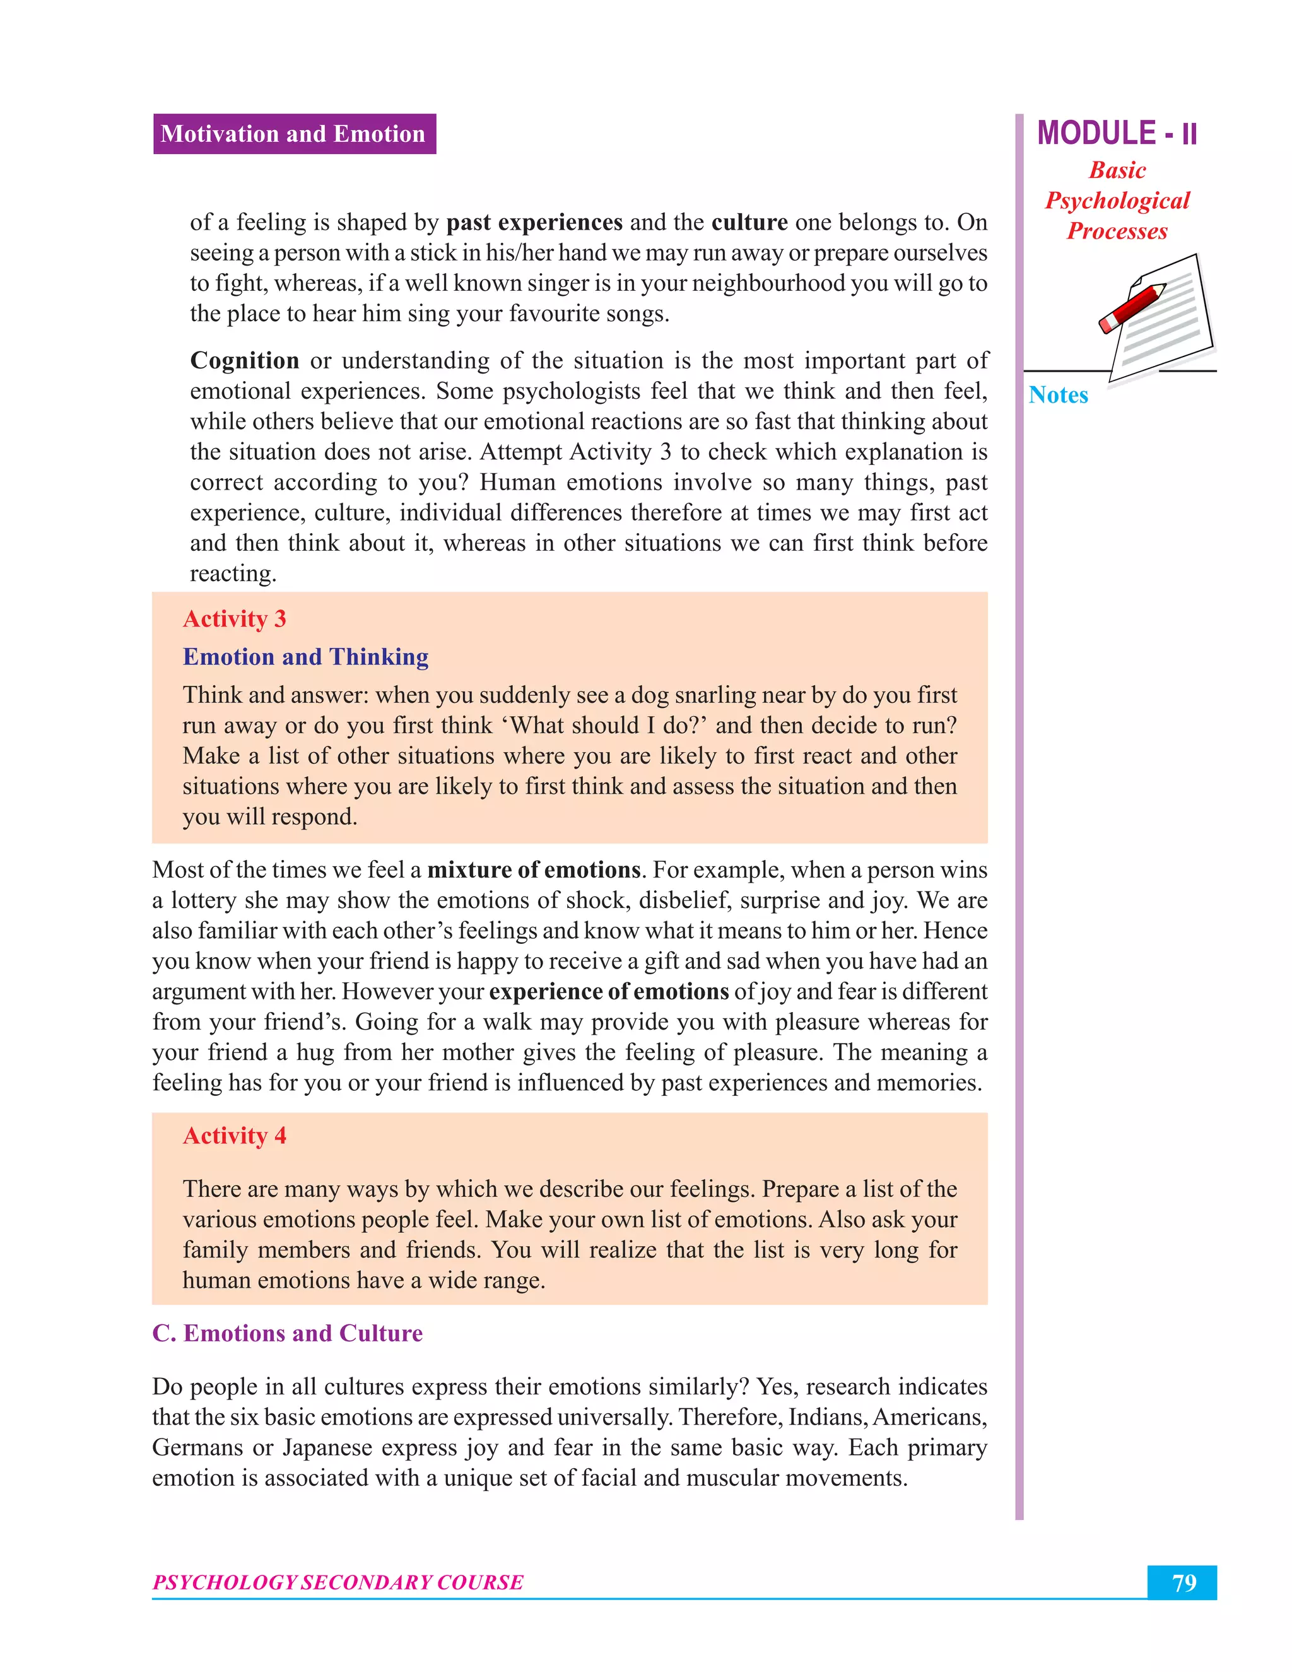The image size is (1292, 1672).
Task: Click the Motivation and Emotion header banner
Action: click(x=294, y=134)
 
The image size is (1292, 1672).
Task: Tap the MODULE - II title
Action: click(x=1117, y=133)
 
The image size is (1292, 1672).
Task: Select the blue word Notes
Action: click(x=1058, y=395)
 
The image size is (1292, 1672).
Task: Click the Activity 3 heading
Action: click(x=234, y=618)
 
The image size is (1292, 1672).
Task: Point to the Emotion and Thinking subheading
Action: click(x=305, y=657)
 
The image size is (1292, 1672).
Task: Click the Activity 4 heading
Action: click(x=234, y=1135)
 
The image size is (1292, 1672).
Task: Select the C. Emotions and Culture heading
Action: click(x=287, y=1333)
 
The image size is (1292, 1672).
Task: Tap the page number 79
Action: click(x=1183, y=1582)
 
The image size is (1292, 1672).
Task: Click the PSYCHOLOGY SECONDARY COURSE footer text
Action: click(x=338, y=1582)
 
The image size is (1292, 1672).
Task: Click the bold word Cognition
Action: click(x=244, y=360)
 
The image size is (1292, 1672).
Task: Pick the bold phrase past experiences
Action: click(x=534, y=222)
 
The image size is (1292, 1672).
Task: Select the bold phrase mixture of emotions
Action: click(x=534, y=869)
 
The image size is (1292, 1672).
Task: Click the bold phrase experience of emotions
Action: click(x=609, y=991)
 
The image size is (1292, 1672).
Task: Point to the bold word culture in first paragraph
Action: click(x=749, y=222)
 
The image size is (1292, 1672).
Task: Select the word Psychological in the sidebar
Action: click(x=1117, y=201)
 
